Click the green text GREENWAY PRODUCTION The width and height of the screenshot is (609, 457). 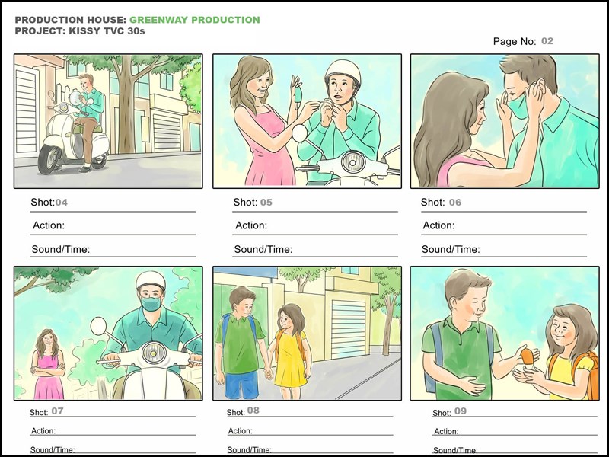pyautogui.click(x=195, y=20)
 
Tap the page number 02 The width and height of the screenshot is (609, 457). pyautogui.click(x=547, y=41)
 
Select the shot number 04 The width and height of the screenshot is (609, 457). pyautogui.click(x=62, y=202)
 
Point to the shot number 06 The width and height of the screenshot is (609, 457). pyautogui.click(x=454, y=202)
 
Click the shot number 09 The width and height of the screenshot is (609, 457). pyautogui.click(x=461, y=411)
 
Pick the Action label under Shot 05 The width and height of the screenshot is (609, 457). pyautogui.click(x=251, y=225)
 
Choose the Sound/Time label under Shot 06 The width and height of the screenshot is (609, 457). pyautogui.click(x=451, y=249)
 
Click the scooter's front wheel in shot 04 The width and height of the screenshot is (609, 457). pyautogui.click(x=49, y=159)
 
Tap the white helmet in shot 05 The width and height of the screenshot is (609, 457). pyautogui.click(x=343, y=72)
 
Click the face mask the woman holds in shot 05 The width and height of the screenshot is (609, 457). pyautogui.click(x=298, y=96)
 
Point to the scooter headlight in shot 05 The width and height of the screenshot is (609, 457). pyautogui.click(x=352, y=162)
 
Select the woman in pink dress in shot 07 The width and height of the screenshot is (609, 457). pyautogui.click(x=48, y=365)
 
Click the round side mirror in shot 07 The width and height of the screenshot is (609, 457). pyautogui.click(x=98, y=326)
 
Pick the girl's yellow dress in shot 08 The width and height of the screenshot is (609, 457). pyautogui.click(x=290, y=360)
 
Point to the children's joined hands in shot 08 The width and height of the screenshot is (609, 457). pyautogui.click(x=268, y=374)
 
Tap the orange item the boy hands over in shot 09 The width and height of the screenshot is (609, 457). pyautogui.click(x=527, y=356)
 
